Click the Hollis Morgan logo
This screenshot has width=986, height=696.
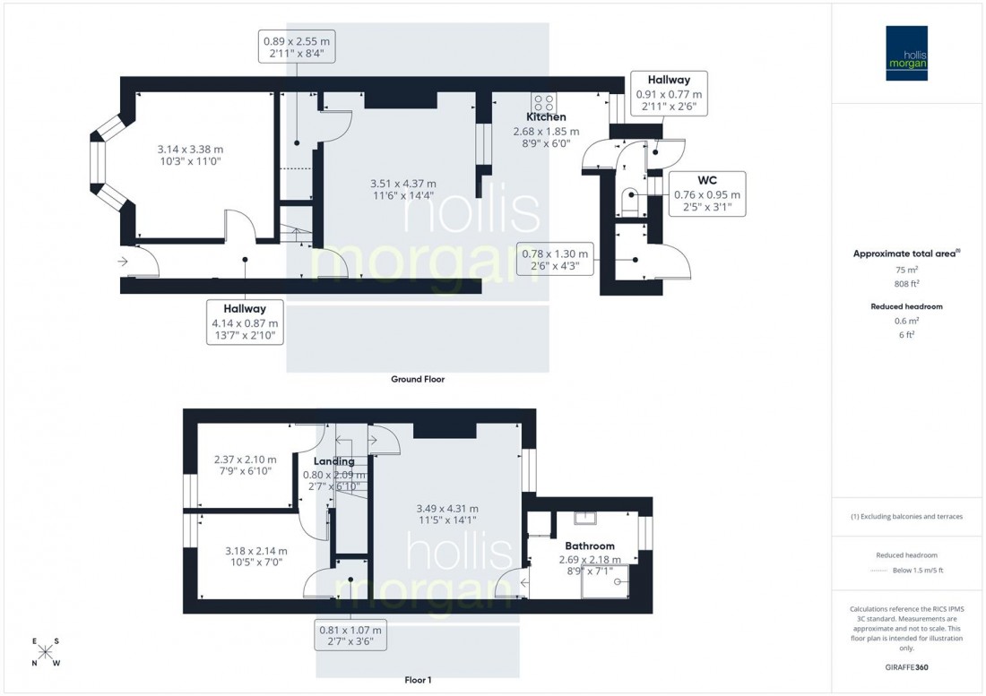(x=907, y=53)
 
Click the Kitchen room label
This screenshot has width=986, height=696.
(x=546, y=117)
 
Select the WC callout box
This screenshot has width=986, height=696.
(x=707, y=193)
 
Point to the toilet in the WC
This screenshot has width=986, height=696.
(x=630, y=199)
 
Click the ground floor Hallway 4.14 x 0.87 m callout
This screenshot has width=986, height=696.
(x=246, y=322)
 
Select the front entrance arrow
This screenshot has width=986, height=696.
(x=123, y=262)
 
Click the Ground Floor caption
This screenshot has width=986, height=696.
(x=418, y=379)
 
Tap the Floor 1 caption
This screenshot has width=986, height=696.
(x=418, y=680)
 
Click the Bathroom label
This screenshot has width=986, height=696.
(x=589, y=546)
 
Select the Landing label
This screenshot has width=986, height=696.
(x=333, y=461)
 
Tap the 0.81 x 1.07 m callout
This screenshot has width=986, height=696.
(x=350, y=635)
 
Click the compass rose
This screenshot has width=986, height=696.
(x=46, y=652)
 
